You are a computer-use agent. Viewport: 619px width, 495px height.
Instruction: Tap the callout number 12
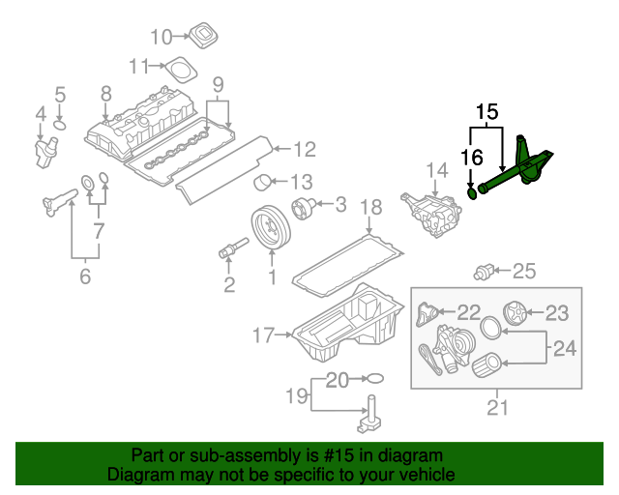tap(305, 149)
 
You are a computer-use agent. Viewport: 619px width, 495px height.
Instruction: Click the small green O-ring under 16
tap(473, 191)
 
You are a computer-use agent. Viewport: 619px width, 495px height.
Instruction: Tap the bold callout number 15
tap(488, 112)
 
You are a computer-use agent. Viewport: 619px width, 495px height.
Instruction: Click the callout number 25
tap(523, 270)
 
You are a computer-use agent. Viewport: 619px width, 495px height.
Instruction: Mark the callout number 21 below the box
tap(497, 408)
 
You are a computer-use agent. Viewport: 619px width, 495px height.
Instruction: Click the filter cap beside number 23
tap(517, 313)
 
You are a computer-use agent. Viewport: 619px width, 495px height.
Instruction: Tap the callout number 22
tap(468, 311)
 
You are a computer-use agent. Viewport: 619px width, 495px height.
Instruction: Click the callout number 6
tap(84, 277)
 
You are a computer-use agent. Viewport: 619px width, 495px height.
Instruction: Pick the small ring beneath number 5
tap(59, 124)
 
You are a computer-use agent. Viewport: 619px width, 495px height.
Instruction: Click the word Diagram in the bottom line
tap(139, 476)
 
